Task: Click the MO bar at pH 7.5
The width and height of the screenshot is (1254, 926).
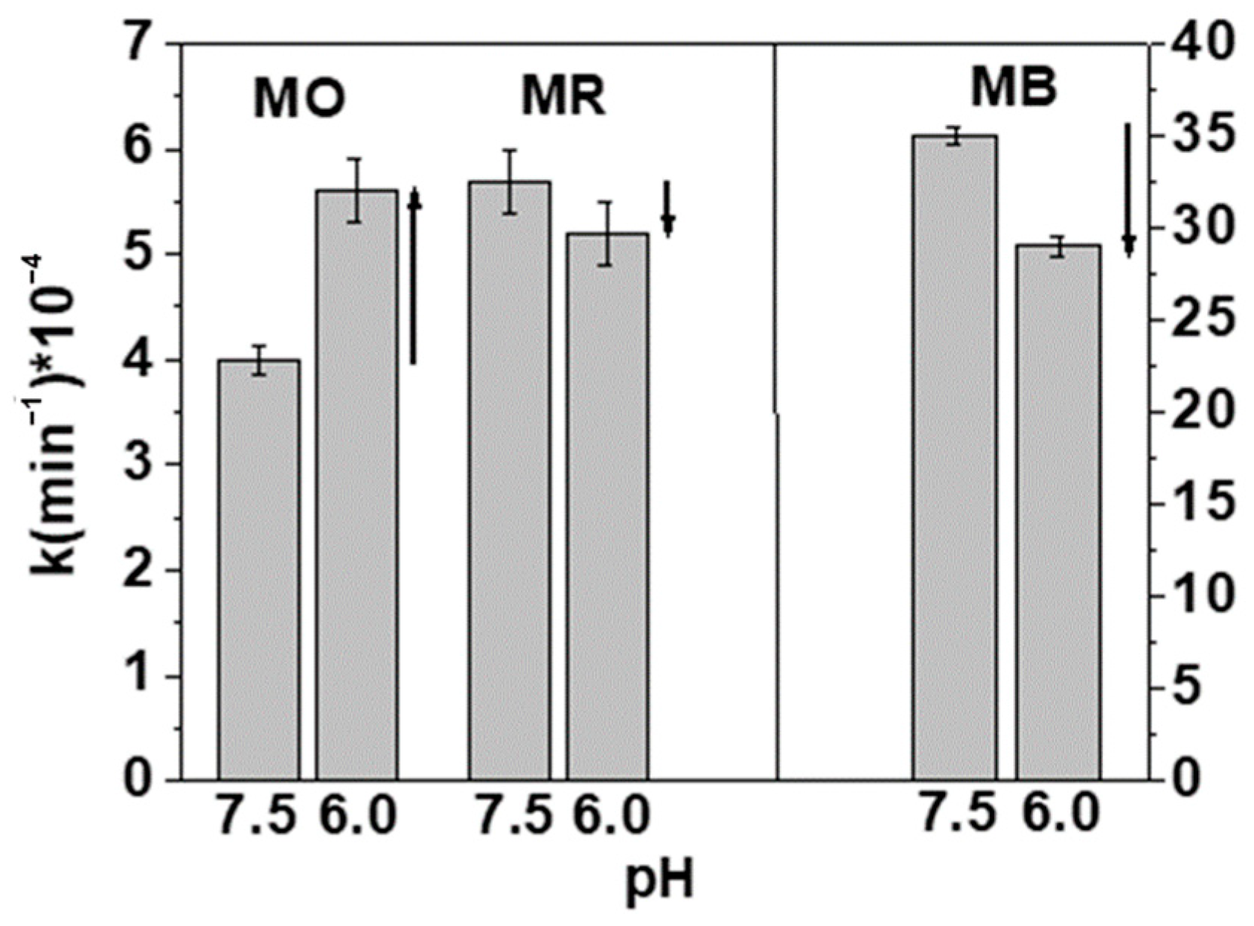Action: (x=259, y=569)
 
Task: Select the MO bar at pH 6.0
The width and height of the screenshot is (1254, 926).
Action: (x=357, y=484)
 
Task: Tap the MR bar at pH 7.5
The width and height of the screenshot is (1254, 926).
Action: (x=510, y=480)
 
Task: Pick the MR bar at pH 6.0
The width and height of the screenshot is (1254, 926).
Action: (x=607, y=506)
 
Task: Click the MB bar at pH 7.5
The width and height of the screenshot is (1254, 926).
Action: (x=955, y=458)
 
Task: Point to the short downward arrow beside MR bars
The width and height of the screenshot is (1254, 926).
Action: (x=668, y=208)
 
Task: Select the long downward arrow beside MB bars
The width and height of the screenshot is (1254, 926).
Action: (x=1128, y=190)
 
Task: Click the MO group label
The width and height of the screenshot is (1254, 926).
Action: (x=299, y=100)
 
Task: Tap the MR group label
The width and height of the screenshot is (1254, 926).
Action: (x=563, y=97)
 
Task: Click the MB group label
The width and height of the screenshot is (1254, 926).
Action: (x=1014, y=89)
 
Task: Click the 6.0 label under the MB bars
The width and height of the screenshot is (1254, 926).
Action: (x=1060, y=814)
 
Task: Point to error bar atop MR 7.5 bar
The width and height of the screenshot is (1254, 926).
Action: (x=510, y=182)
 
